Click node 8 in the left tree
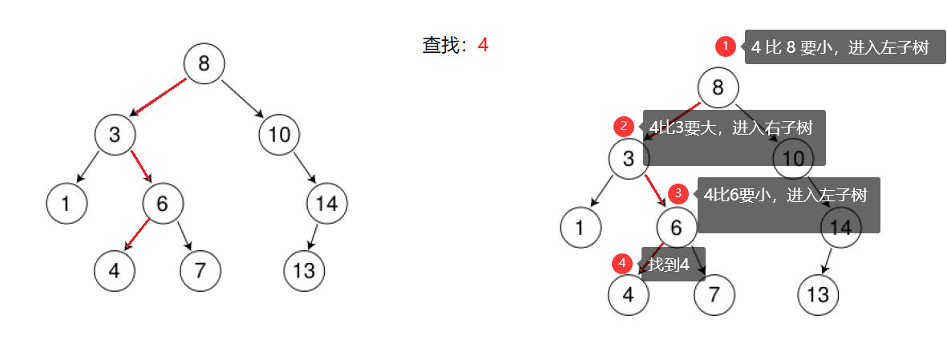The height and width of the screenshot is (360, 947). (x=204, y=63)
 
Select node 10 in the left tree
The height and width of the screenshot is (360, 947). (x=279, y=134)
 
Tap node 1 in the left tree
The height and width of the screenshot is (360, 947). (x=67, y=204)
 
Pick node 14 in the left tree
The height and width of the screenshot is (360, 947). (x=326, y=204)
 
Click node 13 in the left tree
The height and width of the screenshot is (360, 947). (x=304, y=270)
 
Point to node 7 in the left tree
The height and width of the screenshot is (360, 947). (x=200, y=270)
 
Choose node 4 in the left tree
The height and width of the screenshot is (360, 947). (x=114, y=270)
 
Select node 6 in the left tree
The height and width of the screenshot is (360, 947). (x=163, y=204)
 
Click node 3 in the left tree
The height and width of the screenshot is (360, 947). (x=115, y=134)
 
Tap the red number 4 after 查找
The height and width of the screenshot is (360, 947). (x=483, y=45)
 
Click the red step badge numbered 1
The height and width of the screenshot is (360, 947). (x=726, y=47)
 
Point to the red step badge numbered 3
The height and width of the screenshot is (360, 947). (x=678, y=193)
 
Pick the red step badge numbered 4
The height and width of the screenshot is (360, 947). (x=622, y=263)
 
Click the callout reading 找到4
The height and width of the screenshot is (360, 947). (x=672, y=264)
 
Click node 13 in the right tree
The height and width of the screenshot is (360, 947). (x=818, y=294)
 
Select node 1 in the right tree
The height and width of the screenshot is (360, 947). (x=581, y=228)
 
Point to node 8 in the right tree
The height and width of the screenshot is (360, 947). (x=718, y=87)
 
